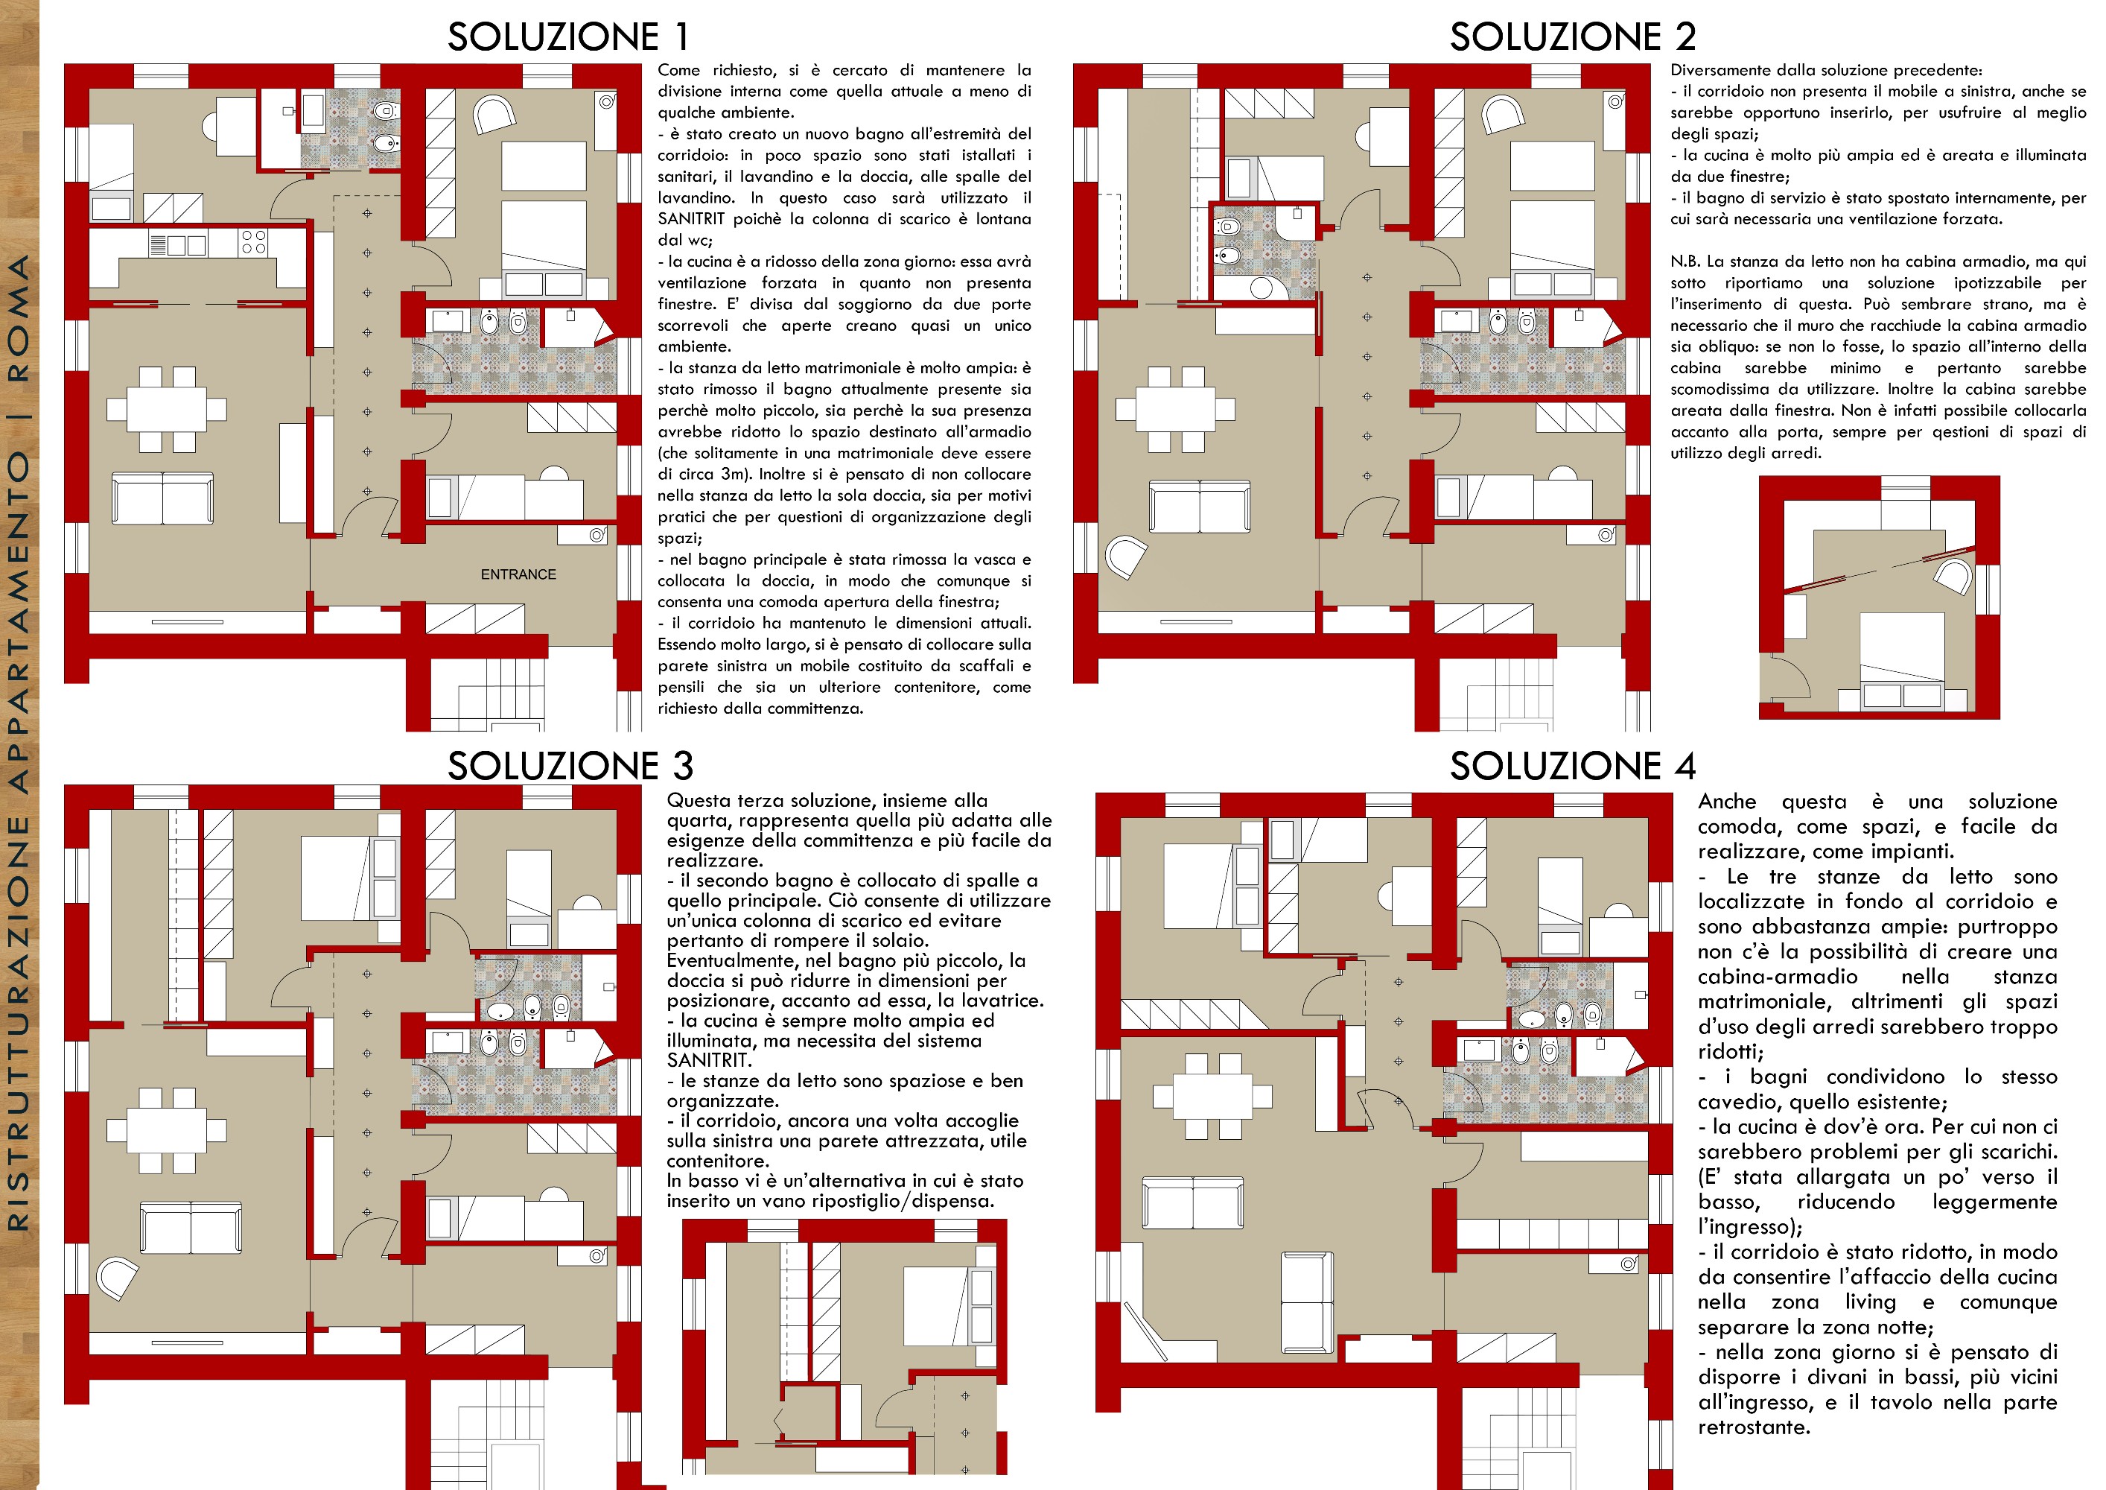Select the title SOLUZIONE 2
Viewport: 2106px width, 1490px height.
point(1572,37)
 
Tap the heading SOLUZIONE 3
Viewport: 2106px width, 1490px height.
point(570,765)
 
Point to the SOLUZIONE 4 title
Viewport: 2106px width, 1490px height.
point(1572,765)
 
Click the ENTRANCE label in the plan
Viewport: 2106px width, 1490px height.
point(518,574)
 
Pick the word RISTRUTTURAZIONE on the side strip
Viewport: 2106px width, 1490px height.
point(19,1023)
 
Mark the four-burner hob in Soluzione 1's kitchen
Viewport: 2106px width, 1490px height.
point(253,242)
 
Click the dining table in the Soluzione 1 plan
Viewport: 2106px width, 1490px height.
point(166,409)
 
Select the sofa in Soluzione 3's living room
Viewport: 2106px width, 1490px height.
point(191,1227)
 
